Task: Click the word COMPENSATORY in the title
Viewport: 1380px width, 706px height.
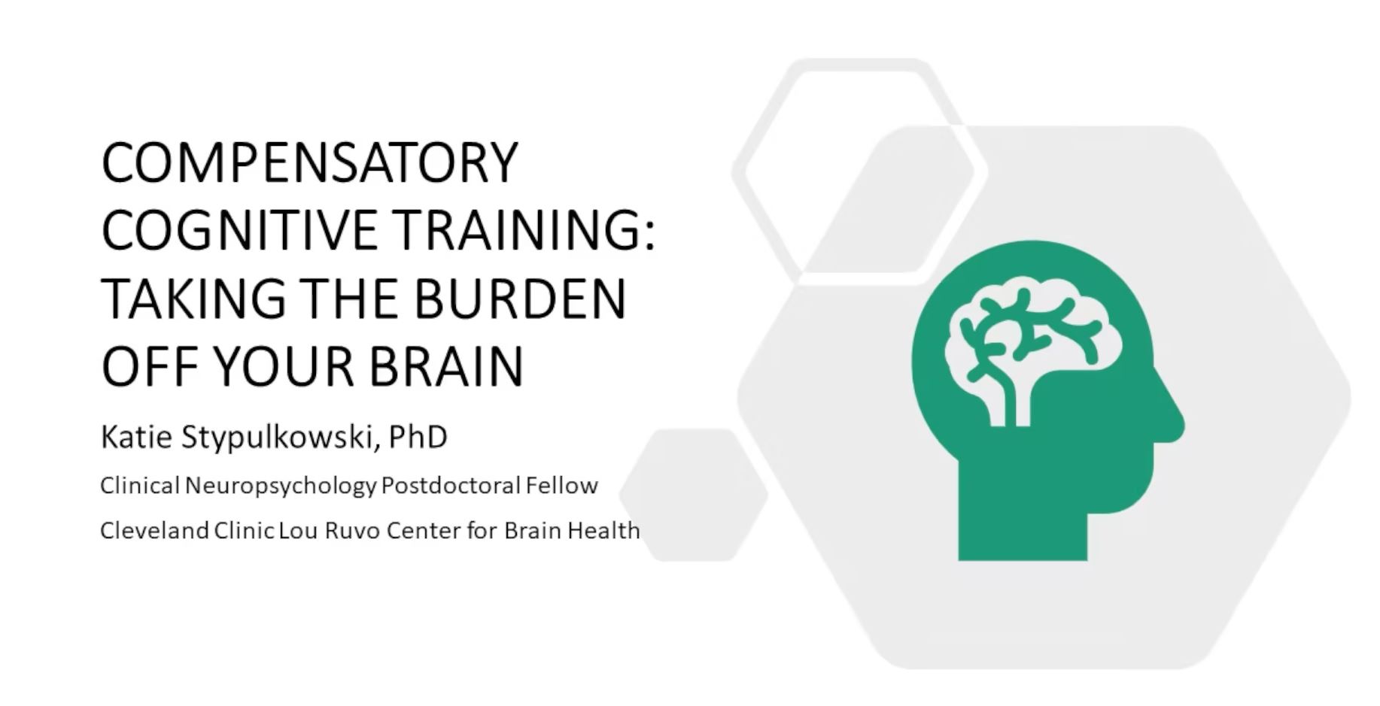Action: tap(310, 162)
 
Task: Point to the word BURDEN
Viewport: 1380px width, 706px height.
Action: tap(519, 298)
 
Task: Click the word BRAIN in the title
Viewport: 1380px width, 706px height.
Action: tap(446, 366)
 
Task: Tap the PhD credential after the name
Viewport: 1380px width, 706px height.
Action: tap(418, 437)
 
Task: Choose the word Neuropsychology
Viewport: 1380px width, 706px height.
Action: tap(280, 486)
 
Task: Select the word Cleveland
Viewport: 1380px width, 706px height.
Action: tap(154, 531)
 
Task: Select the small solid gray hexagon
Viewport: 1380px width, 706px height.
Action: tap(693, 495)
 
